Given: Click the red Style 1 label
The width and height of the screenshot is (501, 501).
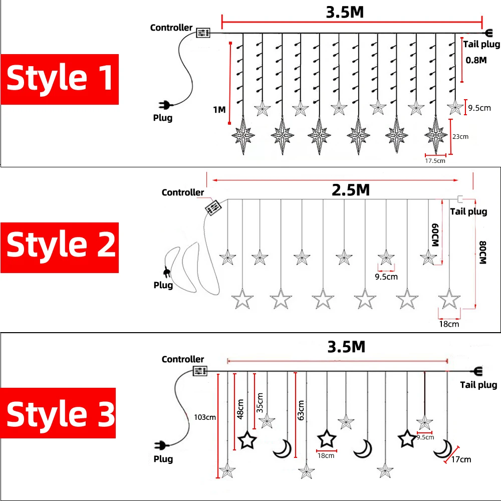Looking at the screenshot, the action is coord(60,79).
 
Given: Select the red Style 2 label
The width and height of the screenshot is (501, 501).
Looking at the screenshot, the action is coord(60,246).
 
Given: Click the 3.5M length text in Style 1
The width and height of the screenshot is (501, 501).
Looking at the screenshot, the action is coord(345,13).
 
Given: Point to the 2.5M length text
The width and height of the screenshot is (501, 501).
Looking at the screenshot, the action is coord(351,190).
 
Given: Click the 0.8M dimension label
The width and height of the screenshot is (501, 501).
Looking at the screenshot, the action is coord(476,60).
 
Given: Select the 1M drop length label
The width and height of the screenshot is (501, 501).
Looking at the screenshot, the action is coord(219,109).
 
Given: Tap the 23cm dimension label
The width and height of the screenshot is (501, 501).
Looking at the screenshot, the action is coord(461,136).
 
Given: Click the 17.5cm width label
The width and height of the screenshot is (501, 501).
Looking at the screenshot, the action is coord(435,161).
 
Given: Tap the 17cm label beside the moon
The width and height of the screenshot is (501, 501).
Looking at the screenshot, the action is coord(461,459).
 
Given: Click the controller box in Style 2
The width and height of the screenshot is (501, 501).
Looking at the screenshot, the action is coord(214,207).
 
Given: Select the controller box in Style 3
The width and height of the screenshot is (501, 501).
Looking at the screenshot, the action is coord(200,371).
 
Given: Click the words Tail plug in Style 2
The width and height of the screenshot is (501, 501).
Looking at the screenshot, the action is coord(468,211).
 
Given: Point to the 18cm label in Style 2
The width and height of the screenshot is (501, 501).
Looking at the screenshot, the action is coord(449,324).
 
